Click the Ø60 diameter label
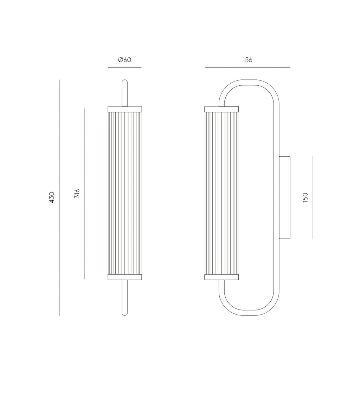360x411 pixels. pyautogui.click(x=125, y=60)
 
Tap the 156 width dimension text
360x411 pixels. pyautogui.click(x=247, y=60)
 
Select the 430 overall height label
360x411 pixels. pyautogui.click(x=52, y=197)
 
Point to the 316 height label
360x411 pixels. pyautogui.click(x=77, y=194)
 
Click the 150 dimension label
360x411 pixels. pyautogui.click(x=305, y=197)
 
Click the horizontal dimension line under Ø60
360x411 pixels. pyautogui.click(x=125, y=67)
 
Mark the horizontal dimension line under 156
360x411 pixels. pyautogui.click(x=247, y=67)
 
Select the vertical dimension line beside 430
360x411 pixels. pyautogui.click(x=59, y=197)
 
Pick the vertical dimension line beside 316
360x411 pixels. pyautogui.click(x=85, y=194)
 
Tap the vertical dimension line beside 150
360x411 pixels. pyautogui.click(x=313, y=198)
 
